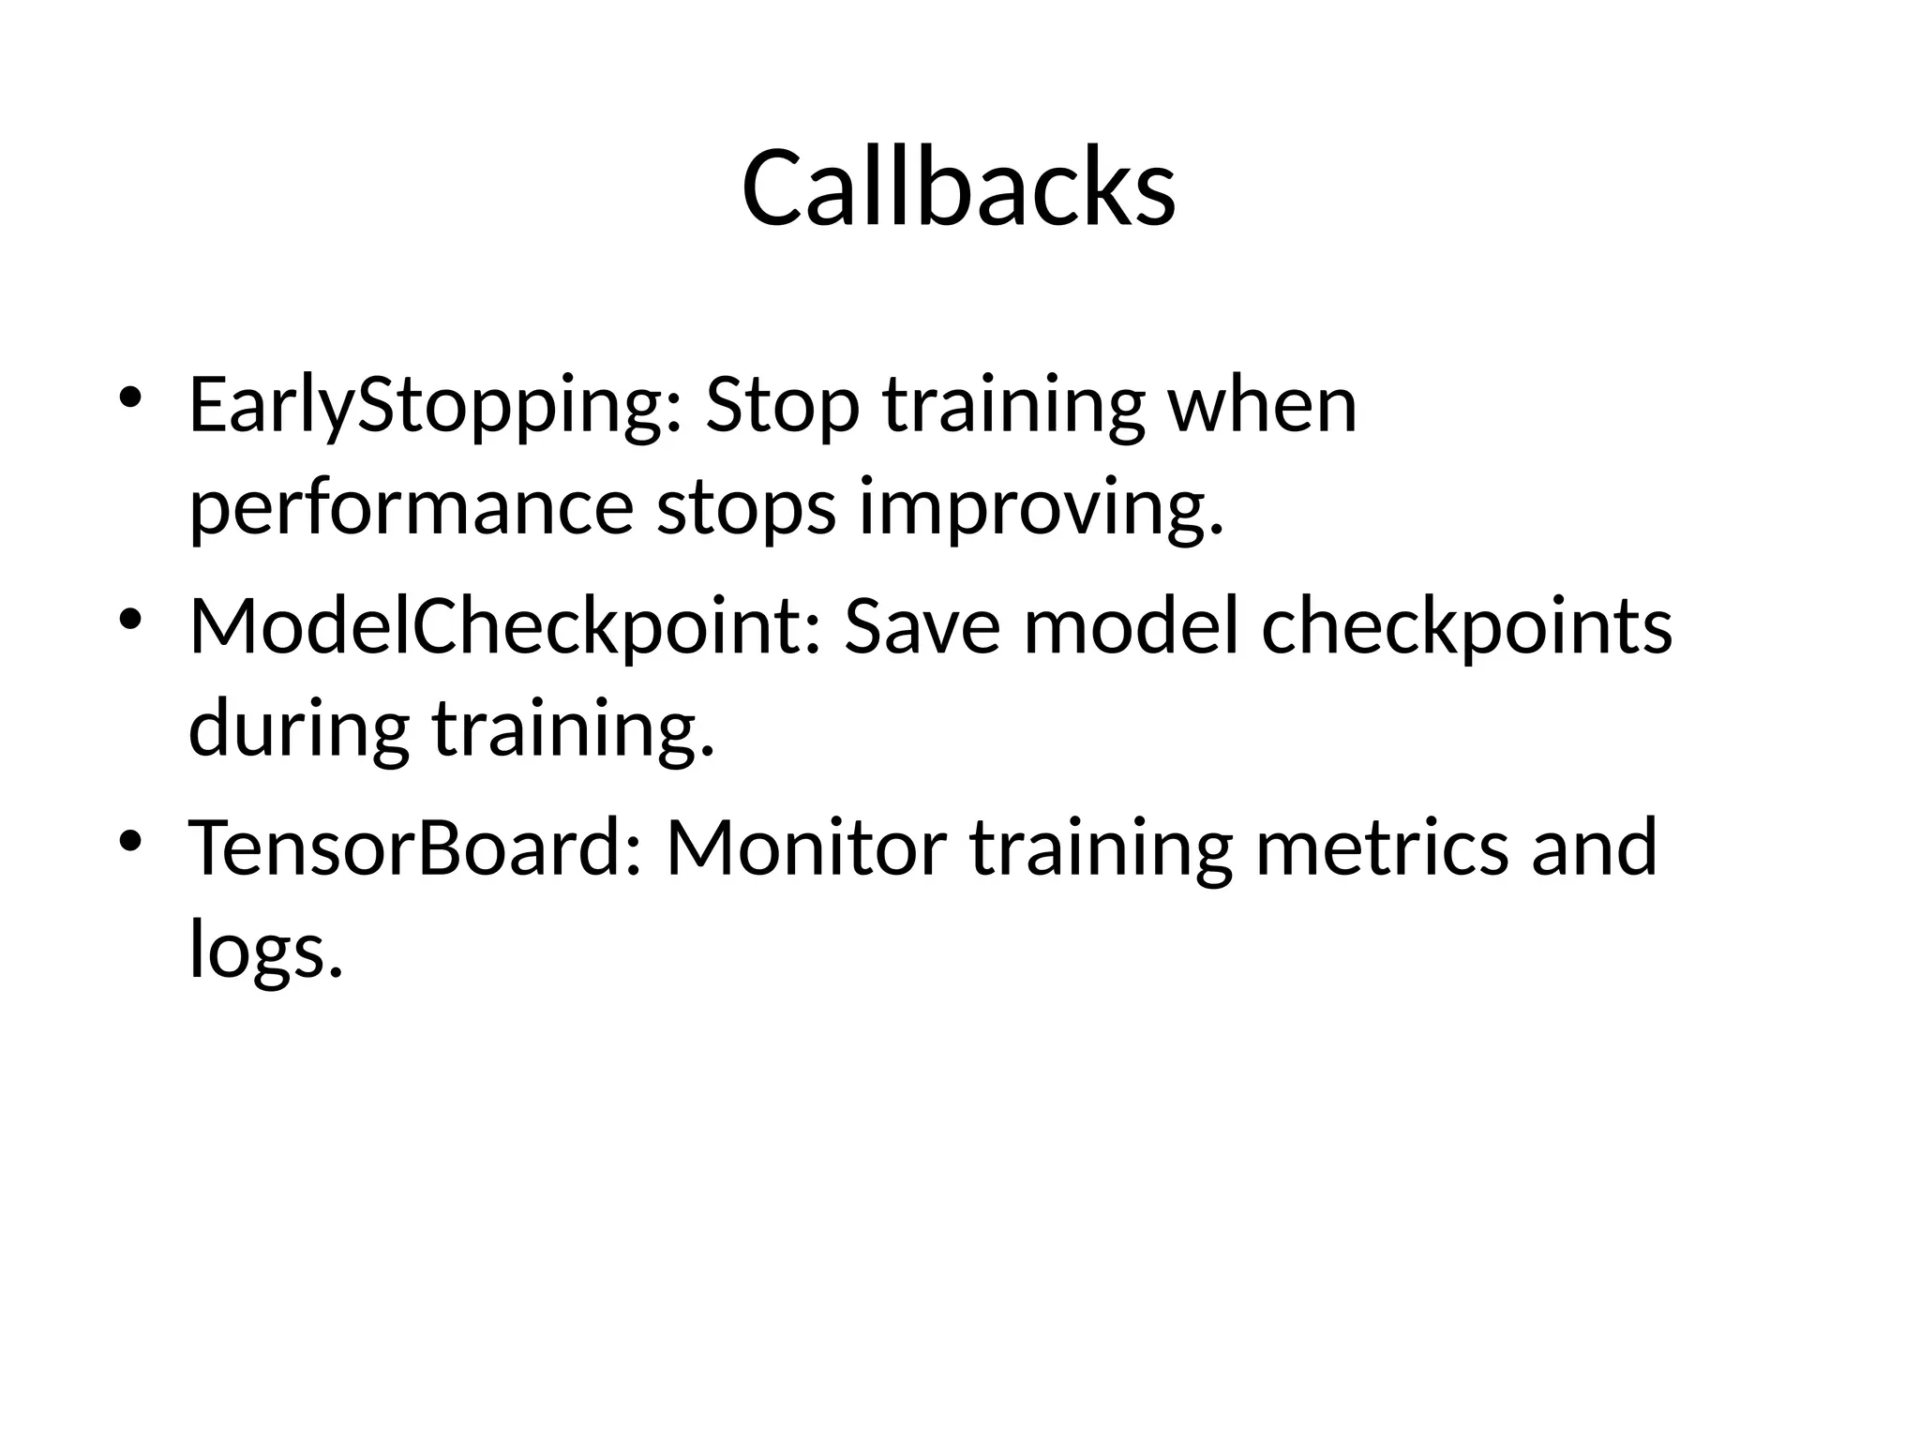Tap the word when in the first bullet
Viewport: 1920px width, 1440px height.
pos(1262,405)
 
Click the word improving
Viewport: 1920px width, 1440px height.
pos(1041,510)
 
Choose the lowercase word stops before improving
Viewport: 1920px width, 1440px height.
pos(745,510)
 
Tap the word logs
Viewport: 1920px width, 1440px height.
pos(265,951)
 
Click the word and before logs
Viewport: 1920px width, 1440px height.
pos(1594,847)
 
